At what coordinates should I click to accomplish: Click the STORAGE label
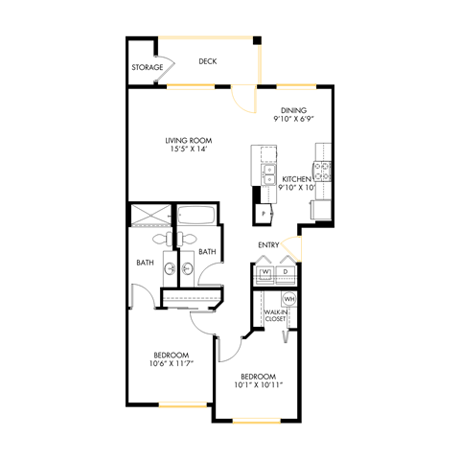[147, 68]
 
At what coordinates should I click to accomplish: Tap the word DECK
[207, 61]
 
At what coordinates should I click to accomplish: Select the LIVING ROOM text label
[187, 140]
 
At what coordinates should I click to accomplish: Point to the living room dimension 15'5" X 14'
[187, 150]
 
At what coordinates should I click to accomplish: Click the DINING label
[293, 110]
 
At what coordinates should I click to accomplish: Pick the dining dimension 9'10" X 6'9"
[294, 121]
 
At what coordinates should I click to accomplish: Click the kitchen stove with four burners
[324, 172]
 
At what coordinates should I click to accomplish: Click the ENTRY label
[268, 245]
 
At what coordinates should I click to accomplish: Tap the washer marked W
[265, 272]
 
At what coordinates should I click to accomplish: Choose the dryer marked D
[286, 272]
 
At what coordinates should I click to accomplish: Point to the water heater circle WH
[287, 299]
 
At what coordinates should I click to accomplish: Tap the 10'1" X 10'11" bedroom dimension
[259, 385]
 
